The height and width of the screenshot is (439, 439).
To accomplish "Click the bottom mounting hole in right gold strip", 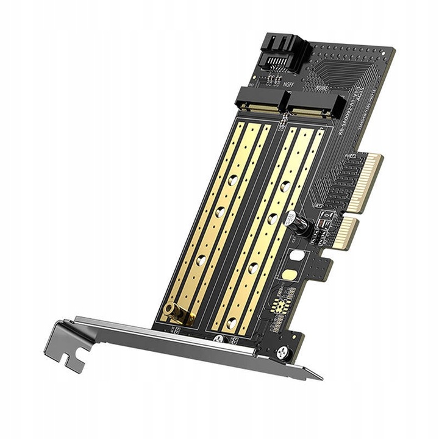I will [231, 322].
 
